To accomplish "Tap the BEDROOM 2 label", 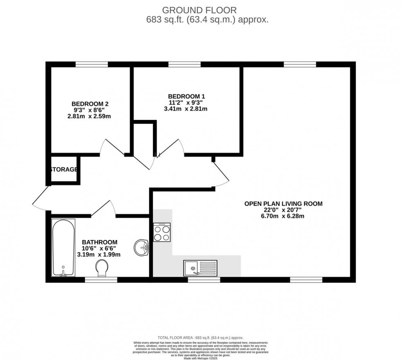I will (90, 104).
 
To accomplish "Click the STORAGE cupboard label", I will (64, 170).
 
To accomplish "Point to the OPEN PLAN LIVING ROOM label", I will (283, 203).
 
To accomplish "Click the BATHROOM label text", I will (99, 242).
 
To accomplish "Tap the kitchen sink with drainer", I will (200, 269).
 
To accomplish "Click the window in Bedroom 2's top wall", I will (92, 64).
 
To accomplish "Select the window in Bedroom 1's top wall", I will (184, 64).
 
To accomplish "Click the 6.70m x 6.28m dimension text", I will (283, 216).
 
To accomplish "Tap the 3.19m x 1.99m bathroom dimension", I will (99, 254).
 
